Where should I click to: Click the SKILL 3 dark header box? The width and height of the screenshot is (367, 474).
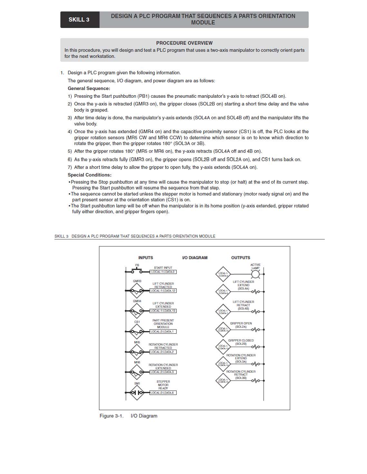[79, 20]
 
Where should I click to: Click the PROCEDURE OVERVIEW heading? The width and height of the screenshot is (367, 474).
[184, 43]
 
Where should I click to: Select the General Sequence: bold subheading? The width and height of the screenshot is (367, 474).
[89, 88]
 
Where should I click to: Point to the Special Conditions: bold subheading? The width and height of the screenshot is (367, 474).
[90, 175]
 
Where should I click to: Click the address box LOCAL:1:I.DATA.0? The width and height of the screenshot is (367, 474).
[163, 272]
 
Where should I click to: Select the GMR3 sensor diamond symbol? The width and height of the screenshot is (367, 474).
[137, 291]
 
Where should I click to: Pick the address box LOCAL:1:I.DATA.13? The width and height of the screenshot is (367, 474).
[163, 311]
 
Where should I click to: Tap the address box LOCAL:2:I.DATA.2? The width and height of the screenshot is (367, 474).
[163, 352]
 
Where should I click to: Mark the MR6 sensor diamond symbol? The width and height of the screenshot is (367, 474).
[137, 372]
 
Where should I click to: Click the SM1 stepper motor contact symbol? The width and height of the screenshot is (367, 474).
[137, 393]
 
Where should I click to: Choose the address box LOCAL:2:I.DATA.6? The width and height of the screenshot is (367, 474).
[163, 393]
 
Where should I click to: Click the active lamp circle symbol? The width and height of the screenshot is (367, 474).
[255, 274]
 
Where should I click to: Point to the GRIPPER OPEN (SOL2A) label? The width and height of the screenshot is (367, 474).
[241, 325]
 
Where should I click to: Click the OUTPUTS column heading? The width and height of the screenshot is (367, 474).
[240, 258]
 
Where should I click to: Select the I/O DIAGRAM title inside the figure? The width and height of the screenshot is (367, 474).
[195, 258]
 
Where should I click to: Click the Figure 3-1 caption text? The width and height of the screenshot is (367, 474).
[128, 416]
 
